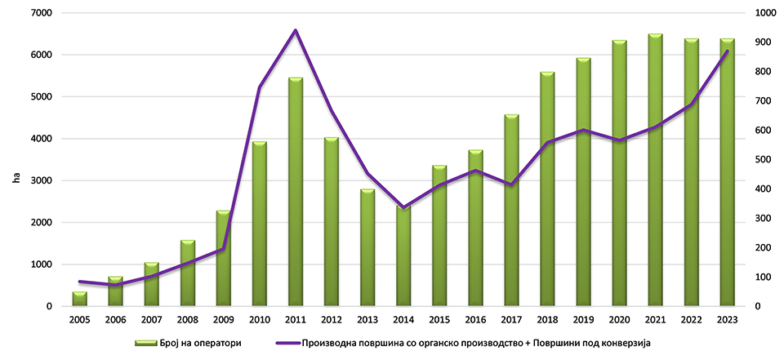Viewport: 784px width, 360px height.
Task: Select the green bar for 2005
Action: click(x=79, y=299)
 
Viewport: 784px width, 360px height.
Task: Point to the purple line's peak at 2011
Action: click(x=296, y=30)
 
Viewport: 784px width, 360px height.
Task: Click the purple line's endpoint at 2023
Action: click(x=727, y=51)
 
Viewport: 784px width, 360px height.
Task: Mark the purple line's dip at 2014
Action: click(x=403, y=207)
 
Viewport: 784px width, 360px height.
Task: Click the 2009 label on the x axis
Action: click(x=223, y=319)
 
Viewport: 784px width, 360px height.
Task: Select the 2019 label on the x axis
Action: click(x=583, y=319)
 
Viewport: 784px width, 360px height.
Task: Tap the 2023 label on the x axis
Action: click(x=727, y=319)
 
